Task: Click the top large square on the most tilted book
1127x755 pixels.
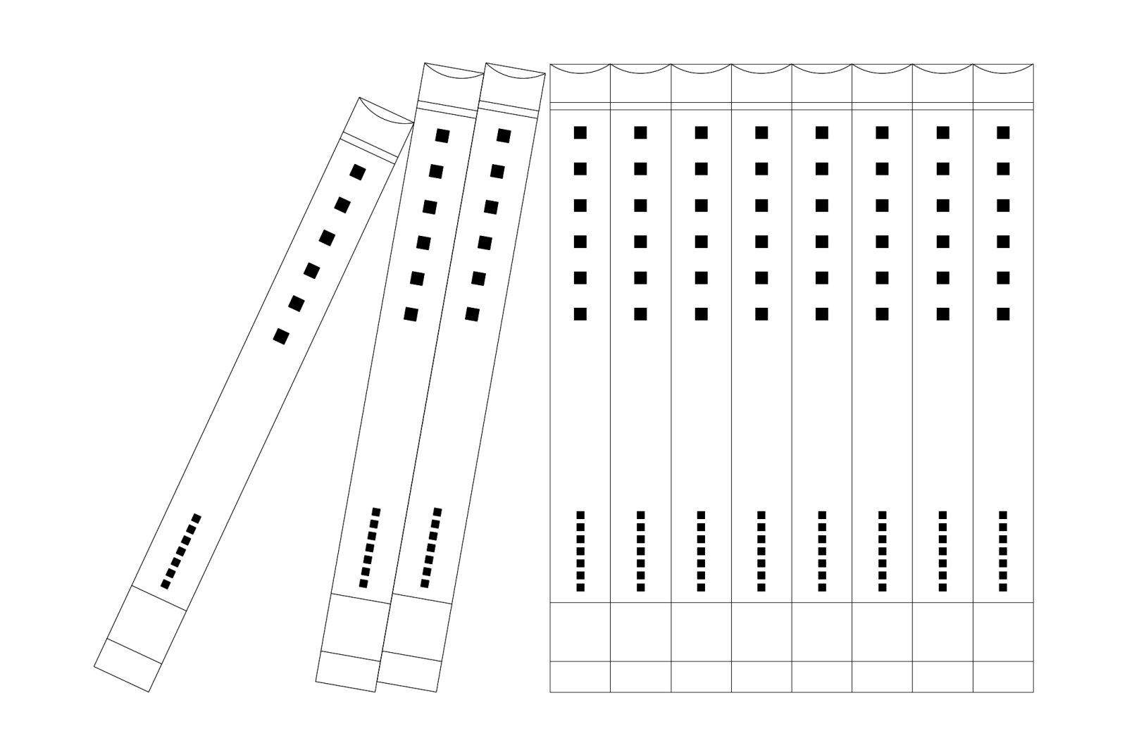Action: tap(358, 172)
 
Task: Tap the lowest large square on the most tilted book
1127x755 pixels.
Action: tap(281, 337)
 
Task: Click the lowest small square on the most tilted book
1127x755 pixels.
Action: tap(166, 584)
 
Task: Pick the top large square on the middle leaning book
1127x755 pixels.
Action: tap(442, 135)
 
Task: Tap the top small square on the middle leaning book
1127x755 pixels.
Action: tap(376, 510)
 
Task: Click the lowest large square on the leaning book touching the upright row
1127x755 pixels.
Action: tap(472, 314)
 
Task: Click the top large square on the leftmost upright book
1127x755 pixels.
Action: tap(580, 132)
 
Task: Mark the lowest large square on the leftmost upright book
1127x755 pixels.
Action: tap(580, 314)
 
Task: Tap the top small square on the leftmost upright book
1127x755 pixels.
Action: tap(580, 515)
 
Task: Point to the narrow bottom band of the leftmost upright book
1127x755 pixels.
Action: tap(580, 677)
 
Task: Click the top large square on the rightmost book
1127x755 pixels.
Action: tap(1003, 132)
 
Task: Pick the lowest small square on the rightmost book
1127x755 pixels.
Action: tap(1003, 587)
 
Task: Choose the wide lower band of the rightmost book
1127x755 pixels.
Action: tap(1003, 632)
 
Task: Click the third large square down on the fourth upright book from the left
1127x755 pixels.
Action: tap(761, 205)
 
